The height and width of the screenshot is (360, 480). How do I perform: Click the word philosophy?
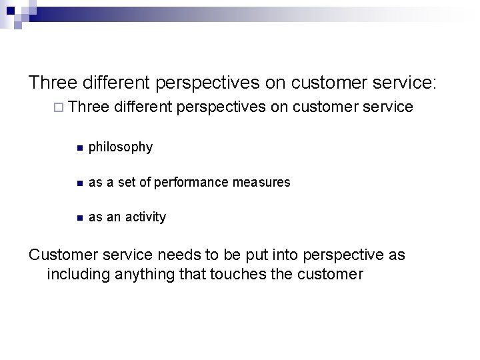120,147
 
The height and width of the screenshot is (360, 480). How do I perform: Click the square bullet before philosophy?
79,147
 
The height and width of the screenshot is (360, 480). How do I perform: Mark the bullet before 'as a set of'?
79,183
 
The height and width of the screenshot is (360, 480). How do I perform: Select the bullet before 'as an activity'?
79,218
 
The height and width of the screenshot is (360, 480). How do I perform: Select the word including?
79,274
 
